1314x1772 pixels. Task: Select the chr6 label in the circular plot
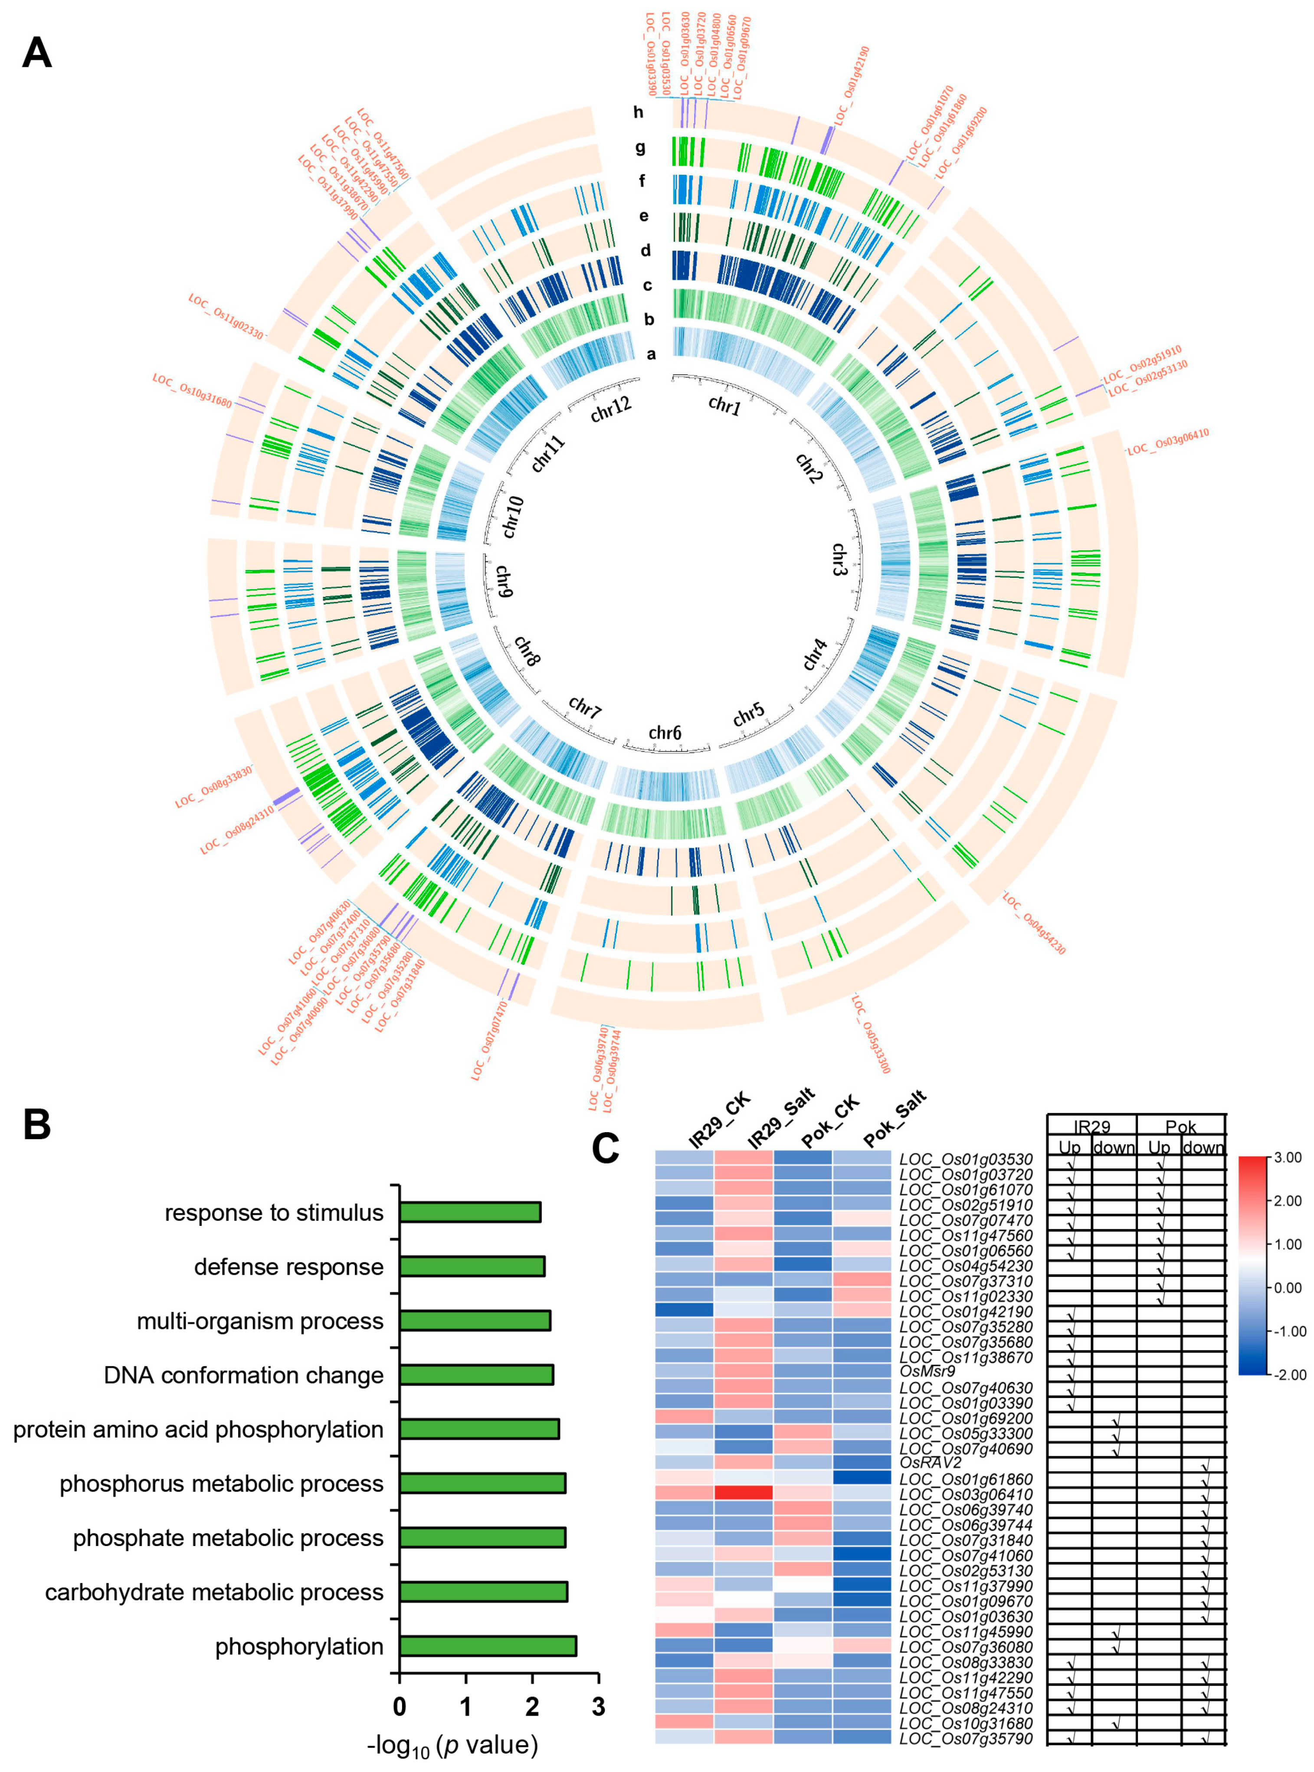click(x=665, y=733)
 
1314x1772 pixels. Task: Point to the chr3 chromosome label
click(x=839, y=560)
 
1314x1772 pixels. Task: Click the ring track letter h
click(x=638, y=112)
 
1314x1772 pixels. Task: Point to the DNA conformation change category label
click(x=243, y=1375)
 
